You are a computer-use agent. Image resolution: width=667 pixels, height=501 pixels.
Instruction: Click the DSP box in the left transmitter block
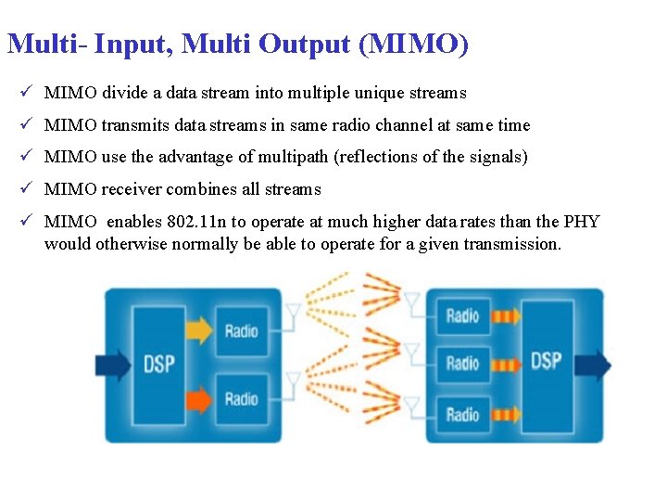click(x=159, y=364)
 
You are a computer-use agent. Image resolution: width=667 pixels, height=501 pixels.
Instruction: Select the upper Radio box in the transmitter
click(x=242, y=331)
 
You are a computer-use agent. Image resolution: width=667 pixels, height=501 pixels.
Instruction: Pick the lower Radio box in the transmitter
click(x=242, y=399)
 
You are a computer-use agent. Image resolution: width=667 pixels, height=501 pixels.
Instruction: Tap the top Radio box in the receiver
click(x=462, y=316)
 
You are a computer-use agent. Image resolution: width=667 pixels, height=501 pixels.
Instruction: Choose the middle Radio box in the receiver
click(x=462, y=363)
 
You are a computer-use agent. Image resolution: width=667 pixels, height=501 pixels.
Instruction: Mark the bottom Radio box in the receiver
click(x=462, y=414)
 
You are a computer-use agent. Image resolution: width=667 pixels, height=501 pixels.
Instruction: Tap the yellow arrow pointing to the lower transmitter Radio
click(x=198, y=398)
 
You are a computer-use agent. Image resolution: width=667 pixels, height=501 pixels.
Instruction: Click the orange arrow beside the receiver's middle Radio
click(x=506, y=364)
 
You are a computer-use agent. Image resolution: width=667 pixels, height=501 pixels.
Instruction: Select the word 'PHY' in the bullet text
click(x=582, y=222)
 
